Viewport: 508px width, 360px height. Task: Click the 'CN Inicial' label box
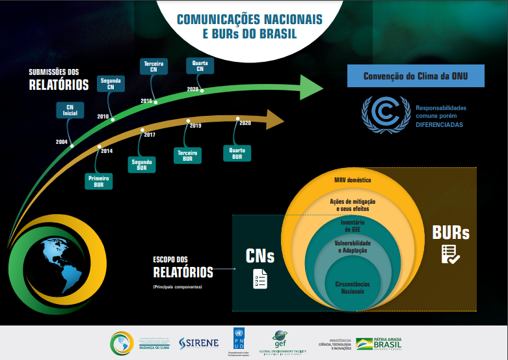(x=70, y=110)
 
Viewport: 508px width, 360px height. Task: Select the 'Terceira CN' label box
(x=154, y=66)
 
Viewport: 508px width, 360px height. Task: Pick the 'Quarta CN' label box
(x=196, y=66)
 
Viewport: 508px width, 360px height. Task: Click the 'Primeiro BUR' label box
(x=99, y=180)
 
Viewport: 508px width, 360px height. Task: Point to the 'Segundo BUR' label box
(x=142, y=164)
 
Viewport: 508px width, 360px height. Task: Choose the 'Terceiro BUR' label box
(x=188, y=155)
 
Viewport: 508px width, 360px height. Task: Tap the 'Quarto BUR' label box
(x=237, y=153)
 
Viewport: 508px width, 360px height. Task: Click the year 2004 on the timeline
(x=62, y=141)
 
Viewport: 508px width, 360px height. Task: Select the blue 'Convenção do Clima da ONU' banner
(x=416, y=76)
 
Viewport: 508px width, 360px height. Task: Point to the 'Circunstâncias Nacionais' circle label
(x=353, y=287)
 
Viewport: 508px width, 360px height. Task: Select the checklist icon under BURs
(x=450, y=255)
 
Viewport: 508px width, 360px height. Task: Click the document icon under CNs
(x=260, y=278)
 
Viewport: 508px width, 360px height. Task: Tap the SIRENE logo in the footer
(x=198, y=342)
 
